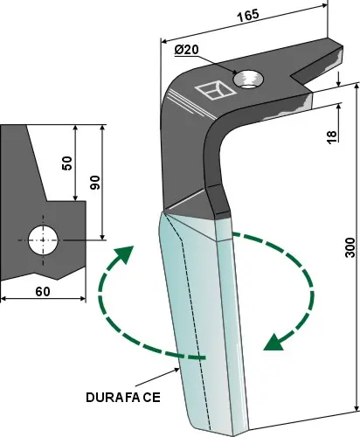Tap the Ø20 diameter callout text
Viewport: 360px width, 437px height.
[188, 51]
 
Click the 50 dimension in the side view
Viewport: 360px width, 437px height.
[67, 163]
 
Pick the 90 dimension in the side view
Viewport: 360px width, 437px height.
[93, 181]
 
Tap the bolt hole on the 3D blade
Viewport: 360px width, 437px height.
[252, 79]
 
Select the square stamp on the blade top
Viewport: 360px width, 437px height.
[211, 90]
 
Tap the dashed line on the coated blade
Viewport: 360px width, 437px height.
[190, 306]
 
